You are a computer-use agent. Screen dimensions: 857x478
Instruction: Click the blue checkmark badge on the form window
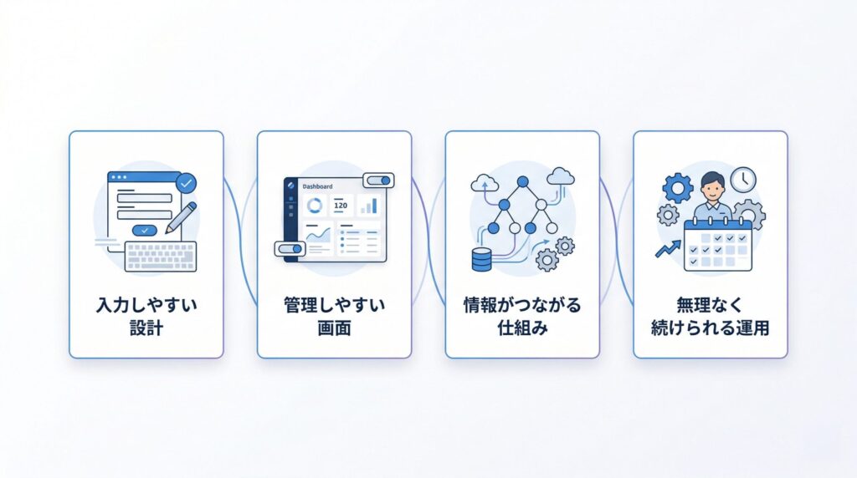[186, 183]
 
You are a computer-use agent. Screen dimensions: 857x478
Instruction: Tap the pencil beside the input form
[182, 218]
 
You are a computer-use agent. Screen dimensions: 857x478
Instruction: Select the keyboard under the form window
[161, 257]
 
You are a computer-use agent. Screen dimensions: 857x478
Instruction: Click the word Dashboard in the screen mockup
[317, 186]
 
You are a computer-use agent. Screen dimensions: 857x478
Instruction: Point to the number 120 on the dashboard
[341, 206]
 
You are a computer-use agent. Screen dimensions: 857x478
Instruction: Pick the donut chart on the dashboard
[315, 206]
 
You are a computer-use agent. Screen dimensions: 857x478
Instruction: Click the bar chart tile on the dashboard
[369, 206]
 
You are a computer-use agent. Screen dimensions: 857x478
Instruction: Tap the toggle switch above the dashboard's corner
[379, 181]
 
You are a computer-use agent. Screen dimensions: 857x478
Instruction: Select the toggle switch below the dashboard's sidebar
[289, 249]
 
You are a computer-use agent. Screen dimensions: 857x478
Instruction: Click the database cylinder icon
[481, 259]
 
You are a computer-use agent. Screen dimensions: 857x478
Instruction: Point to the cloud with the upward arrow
[485, 183]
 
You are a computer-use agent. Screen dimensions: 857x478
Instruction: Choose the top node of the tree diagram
[523, 181]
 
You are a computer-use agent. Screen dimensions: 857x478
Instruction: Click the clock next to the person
[743, 180]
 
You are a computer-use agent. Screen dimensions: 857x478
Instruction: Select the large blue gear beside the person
[678, 188]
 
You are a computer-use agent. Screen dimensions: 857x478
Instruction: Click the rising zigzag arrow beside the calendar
[668, 249]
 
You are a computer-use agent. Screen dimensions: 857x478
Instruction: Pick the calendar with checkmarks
[718, 245]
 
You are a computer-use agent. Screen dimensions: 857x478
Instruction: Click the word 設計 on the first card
[146, 328]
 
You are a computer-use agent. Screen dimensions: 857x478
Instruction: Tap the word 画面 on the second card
[334, 328]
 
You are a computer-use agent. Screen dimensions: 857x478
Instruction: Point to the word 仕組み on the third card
[522, 328]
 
